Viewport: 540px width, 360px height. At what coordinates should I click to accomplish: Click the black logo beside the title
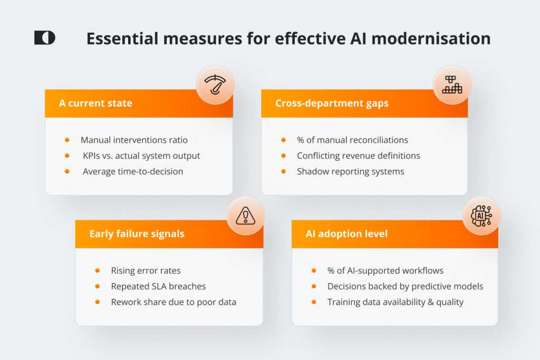[x=45, y=38]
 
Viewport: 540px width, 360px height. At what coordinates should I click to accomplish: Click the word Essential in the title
[x=122, y=38]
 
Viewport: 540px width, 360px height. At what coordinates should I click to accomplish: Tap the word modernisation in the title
[x=431, y=38]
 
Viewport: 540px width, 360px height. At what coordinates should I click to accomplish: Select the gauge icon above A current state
[x=215, y=85]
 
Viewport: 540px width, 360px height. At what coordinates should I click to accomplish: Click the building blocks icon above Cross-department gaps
[x=452, y=85]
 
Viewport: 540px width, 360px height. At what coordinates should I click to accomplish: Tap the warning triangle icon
[x=246, y=216]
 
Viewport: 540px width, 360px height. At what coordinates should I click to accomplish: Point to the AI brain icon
[x=481, y=216]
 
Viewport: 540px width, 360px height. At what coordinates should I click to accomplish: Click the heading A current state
[x=96, y=103]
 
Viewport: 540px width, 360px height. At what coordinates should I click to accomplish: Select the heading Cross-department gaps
[x=332, y=104]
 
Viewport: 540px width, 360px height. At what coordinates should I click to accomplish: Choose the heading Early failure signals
[x=137, y=234]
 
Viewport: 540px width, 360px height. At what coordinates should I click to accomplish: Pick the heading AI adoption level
[x=347, y=234]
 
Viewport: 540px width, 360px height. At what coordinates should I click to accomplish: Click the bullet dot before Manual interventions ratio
[x=67, y=140]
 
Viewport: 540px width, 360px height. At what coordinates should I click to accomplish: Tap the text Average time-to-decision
[x=133, y=171]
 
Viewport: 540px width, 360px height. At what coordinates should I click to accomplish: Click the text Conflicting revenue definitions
[x=359, y=156]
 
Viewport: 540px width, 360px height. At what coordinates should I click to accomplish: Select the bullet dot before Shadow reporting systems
[x=283, y=171]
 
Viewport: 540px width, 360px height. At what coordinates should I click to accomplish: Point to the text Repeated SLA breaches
[x=158, y=286]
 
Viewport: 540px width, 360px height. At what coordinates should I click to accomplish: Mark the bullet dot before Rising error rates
[x=98, y=270]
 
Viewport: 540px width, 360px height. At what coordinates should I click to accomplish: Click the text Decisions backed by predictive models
[x=406, y=286]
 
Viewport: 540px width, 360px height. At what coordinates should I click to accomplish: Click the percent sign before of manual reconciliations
[x=301, y=140]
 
